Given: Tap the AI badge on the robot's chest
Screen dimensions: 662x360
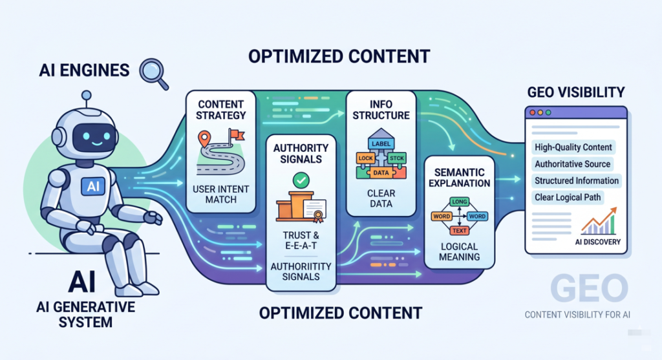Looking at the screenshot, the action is tap(93, 185).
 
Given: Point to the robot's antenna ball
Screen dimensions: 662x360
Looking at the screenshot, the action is tap(87, 95).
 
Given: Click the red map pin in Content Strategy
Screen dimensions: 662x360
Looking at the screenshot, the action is tap(204, 138).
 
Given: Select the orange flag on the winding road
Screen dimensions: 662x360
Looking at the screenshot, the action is tap(237, 134).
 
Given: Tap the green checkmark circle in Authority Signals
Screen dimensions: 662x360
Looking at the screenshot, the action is tap(301, 180).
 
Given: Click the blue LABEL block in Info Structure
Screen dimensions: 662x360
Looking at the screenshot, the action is tap(381, 143).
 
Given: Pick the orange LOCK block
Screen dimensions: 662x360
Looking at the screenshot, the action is tap(366, 158).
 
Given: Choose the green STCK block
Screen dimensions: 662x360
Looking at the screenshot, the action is tap(396, 158).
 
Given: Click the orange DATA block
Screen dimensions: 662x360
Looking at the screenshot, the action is tap(381, 172).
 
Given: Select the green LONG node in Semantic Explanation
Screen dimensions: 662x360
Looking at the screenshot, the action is tap(460, 202).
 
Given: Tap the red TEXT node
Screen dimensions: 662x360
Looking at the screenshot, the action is tap(460, 231).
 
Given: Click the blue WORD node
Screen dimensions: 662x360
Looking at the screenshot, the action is tap(477, 216).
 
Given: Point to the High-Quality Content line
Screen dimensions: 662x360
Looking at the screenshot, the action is tap(573, 147).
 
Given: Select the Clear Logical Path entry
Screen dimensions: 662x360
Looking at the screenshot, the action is tap(568, 198).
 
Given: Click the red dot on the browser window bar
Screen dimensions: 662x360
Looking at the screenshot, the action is tap(533, 112).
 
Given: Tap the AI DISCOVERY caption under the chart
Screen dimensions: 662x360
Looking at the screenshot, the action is tap(598, 242).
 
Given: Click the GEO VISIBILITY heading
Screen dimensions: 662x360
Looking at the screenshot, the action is tap(576, 92).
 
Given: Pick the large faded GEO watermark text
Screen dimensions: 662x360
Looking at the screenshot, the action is tap(590, 289).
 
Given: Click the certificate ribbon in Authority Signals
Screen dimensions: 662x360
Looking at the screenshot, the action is tap(318, 217).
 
